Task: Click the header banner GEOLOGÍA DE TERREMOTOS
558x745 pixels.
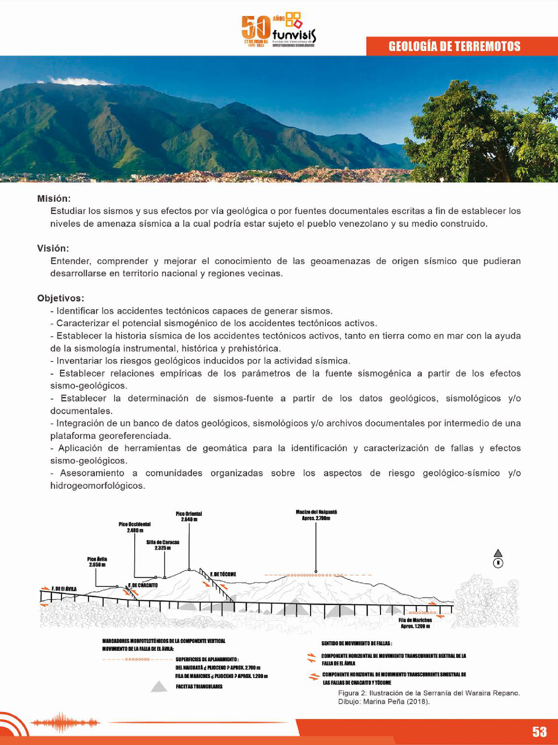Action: click(x=454, y=46)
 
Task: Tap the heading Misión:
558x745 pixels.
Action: click(x=54, y=198)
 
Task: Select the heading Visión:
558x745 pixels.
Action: click(x=53, y=248)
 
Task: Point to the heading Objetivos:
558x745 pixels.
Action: click(x=60, y=298)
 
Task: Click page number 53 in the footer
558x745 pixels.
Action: click(x=539, y=731)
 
